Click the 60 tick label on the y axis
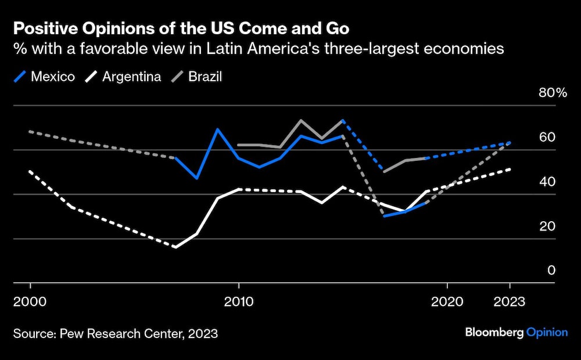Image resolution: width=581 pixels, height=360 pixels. tap(548, 137)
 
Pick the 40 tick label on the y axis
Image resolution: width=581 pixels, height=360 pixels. tap(548, 182)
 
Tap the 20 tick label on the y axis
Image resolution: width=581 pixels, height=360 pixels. tap(548, 226)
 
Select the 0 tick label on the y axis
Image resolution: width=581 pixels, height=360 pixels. tap(551, 271)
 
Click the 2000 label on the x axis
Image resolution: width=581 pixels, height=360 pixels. tap(30, 302)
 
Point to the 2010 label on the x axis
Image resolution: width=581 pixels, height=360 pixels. tap(238, 302)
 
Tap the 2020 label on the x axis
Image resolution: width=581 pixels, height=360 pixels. tap(447, 302)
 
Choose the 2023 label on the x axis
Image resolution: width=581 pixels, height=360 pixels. tap(510, 302)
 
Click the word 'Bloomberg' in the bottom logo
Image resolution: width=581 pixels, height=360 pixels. tap(494, 332)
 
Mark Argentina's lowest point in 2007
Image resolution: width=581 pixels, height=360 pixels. tap(175, 247)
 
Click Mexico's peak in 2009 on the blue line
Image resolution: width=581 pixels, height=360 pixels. tap(217, 129)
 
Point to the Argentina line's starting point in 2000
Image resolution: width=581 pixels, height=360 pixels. tap(30, 171)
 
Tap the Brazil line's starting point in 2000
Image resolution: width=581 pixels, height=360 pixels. tap(30, 132)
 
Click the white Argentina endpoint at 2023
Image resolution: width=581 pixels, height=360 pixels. tap(510, 169)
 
